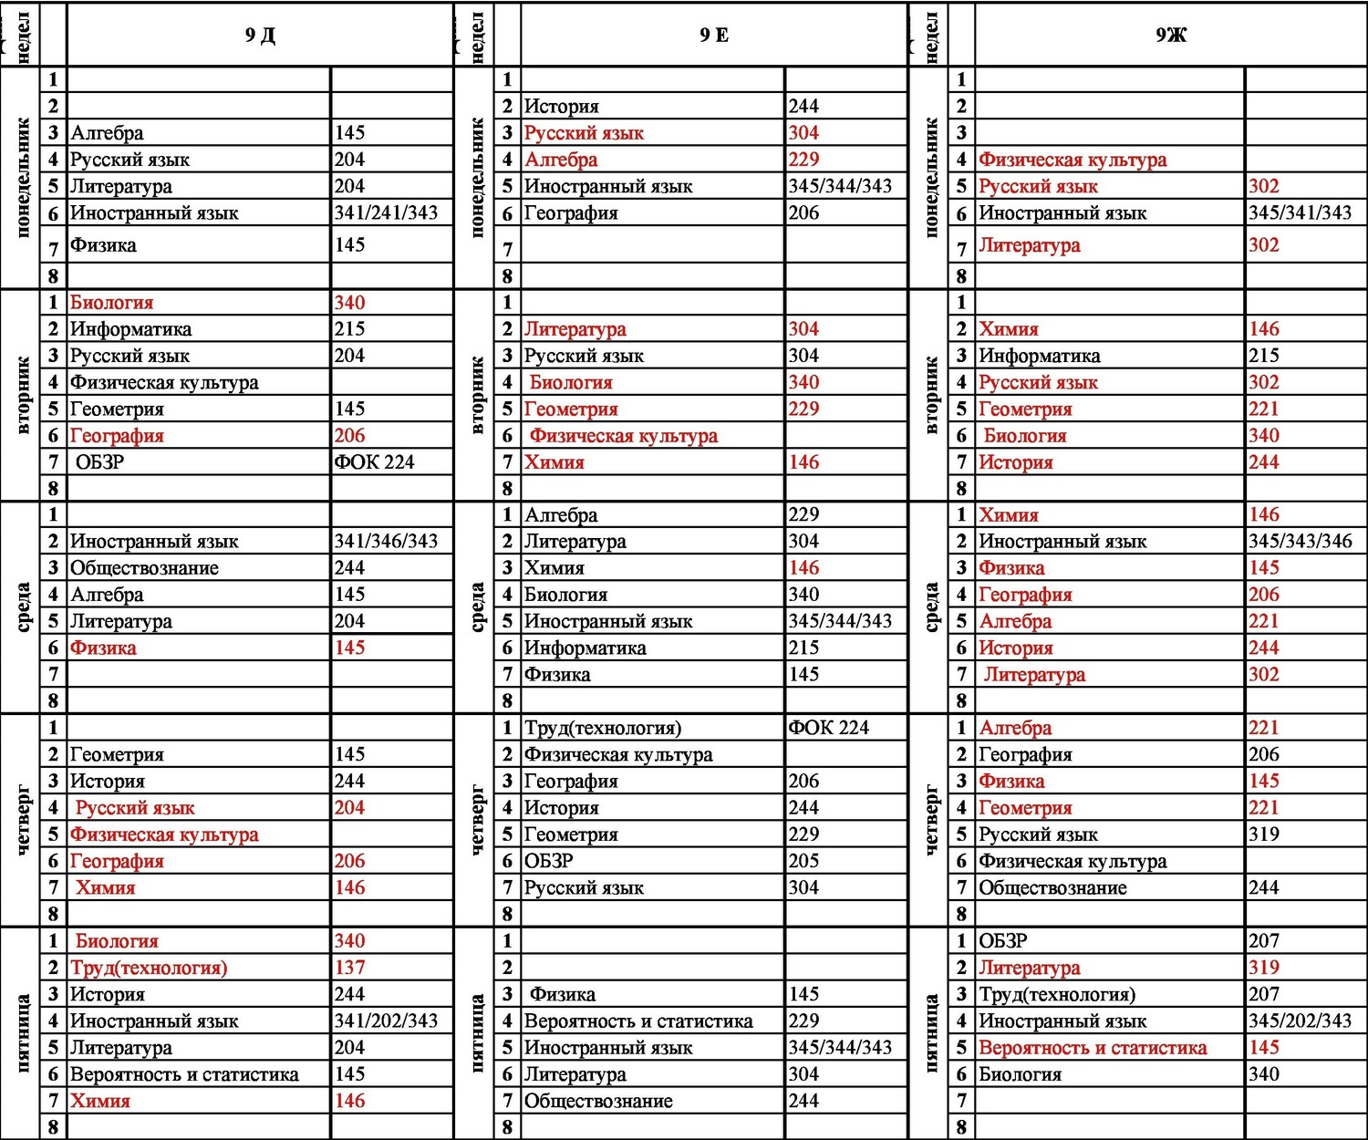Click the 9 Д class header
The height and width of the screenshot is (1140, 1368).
260,36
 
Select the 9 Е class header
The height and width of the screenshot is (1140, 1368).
714,36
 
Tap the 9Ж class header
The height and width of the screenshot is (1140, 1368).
1171,36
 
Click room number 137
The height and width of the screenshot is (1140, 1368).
350,968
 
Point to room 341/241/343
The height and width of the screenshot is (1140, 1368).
386,213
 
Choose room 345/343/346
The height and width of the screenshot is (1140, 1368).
1300,542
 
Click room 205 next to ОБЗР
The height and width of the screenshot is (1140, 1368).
803,861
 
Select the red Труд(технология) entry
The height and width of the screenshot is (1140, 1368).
149,968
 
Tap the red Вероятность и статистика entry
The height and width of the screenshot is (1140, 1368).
1093,1048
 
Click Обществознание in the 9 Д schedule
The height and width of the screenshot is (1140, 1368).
144,568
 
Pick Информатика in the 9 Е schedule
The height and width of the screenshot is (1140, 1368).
586,648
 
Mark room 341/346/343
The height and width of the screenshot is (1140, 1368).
386,542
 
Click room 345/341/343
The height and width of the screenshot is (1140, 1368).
1300,213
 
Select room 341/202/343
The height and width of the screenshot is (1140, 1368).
386,1021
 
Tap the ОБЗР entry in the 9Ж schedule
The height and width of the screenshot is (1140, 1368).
1002,941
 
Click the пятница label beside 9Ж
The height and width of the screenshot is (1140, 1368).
931,1032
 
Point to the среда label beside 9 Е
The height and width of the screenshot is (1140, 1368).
477,607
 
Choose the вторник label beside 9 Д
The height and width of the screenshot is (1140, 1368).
23,395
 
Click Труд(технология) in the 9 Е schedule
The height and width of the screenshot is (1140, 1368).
603,728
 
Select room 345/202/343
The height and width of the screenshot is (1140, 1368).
1300,1021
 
